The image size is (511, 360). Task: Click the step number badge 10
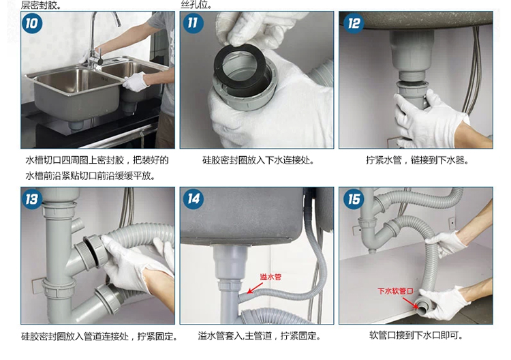coord(32,23)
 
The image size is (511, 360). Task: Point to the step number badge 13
coord(32,199)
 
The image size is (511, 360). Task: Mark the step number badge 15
coord(354,199)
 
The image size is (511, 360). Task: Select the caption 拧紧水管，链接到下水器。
coord(417,161)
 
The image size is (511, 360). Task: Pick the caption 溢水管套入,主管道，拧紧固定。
coord(259,336)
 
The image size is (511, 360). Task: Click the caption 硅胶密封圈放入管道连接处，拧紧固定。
coord(99,336)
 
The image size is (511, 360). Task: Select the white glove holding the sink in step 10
coord(137,82)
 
